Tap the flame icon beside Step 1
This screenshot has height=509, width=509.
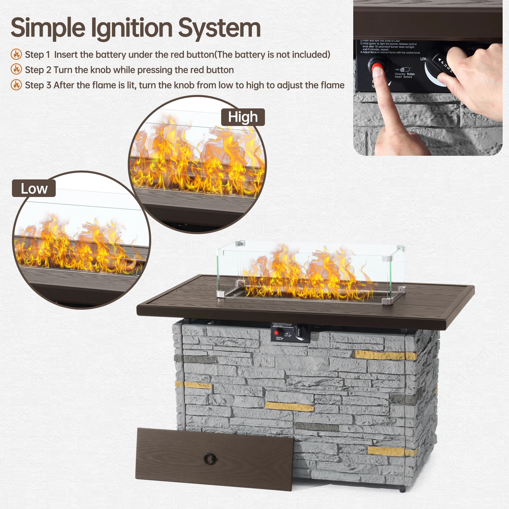(16, 54)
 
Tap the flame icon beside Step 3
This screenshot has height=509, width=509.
(16, 85)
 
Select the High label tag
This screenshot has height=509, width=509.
(243, 117)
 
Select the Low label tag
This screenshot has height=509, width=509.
(34, 189)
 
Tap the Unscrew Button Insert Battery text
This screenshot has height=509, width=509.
(404, 75)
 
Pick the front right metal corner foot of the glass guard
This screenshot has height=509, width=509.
(387, 301)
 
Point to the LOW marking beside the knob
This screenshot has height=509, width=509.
(423, 59)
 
